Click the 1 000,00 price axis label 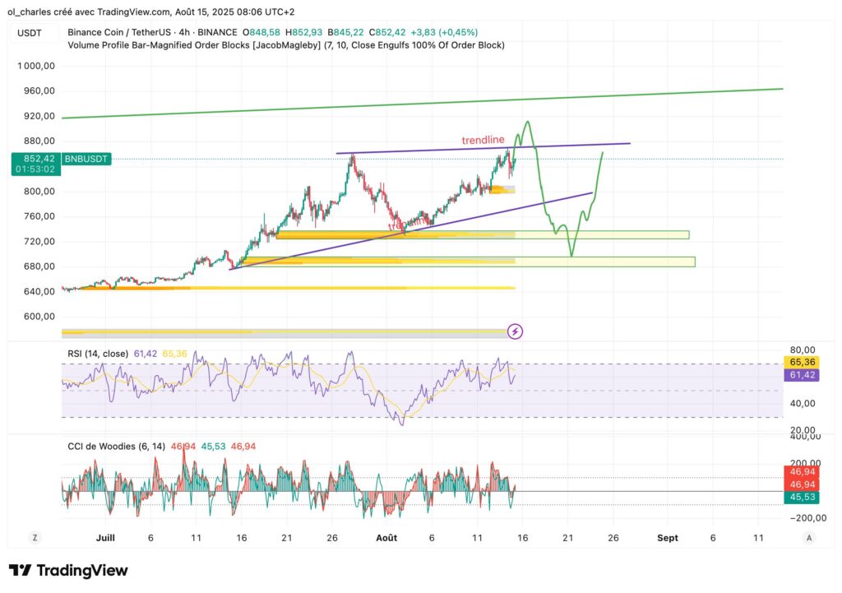tap(38, 65)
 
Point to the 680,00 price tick tap(38, 266)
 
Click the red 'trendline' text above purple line tap(483, 141)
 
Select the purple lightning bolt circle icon tap(516, 331)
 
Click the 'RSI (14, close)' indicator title tap(98, 354)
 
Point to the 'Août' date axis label tap(386, 537)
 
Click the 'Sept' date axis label tap(668, 537)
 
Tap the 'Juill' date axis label tap(105, 537)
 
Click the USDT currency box tap(30, 33)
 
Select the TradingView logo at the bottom tap(68, 570)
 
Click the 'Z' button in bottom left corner tap(35, 537)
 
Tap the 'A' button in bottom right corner tap(809, 537)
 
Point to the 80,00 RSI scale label tap(802, 349)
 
